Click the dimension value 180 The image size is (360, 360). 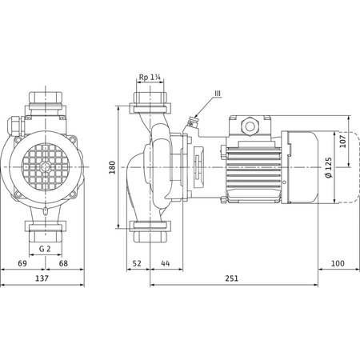113,166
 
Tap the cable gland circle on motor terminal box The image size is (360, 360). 246,126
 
